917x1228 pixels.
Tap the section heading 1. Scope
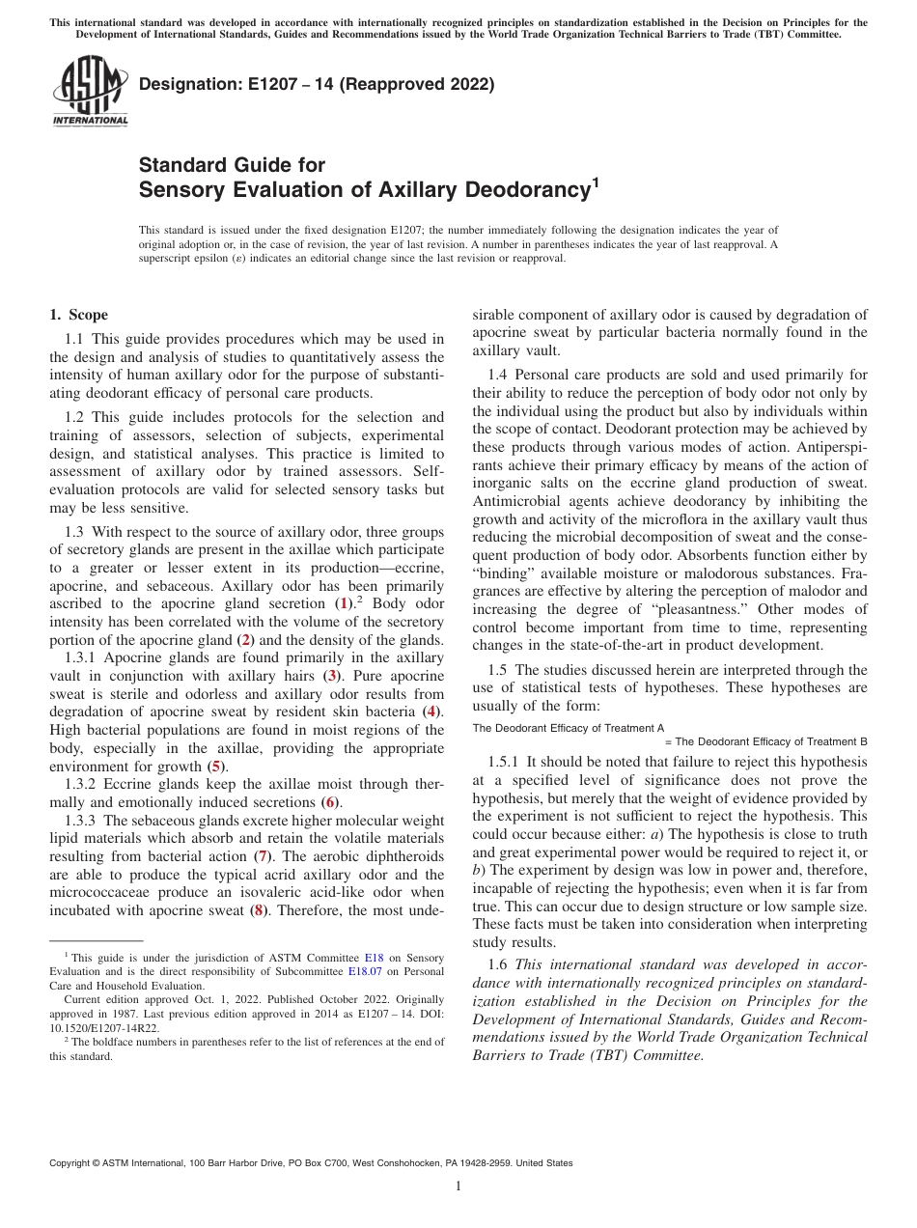coord(79,315)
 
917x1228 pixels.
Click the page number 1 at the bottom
coord(458,1186)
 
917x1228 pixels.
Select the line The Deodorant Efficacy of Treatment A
coord(568,728)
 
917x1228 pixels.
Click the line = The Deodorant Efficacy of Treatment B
coord(766,741)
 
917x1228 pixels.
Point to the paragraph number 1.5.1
coord(504,762)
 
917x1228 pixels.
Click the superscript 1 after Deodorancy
coord(596,181)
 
